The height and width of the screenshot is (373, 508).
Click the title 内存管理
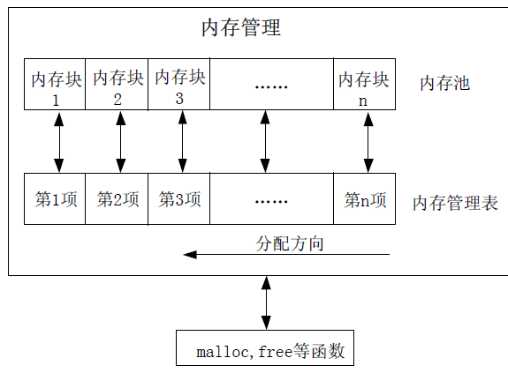point(241,28)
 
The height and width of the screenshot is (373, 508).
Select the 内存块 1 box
point(56,85)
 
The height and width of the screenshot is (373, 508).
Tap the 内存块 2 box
point(118,85)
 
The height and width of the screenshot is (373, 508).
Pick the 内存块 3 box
point(179,85)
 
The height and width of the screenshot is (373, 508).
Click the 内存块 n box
point(364,85)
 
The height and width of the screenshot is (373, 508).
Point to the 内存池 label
point(444,85)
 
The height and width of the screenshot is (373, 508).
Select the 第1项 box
point(56,199)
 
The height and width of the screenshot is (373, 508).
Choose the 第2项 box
point(118,199)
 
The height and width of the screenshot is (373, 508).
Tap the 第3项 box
point(179,199)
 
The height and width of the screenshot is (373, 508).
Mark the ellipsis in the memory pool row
point(271,86)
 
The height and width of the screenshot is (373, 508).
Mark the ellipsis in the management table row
point(271,200)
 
